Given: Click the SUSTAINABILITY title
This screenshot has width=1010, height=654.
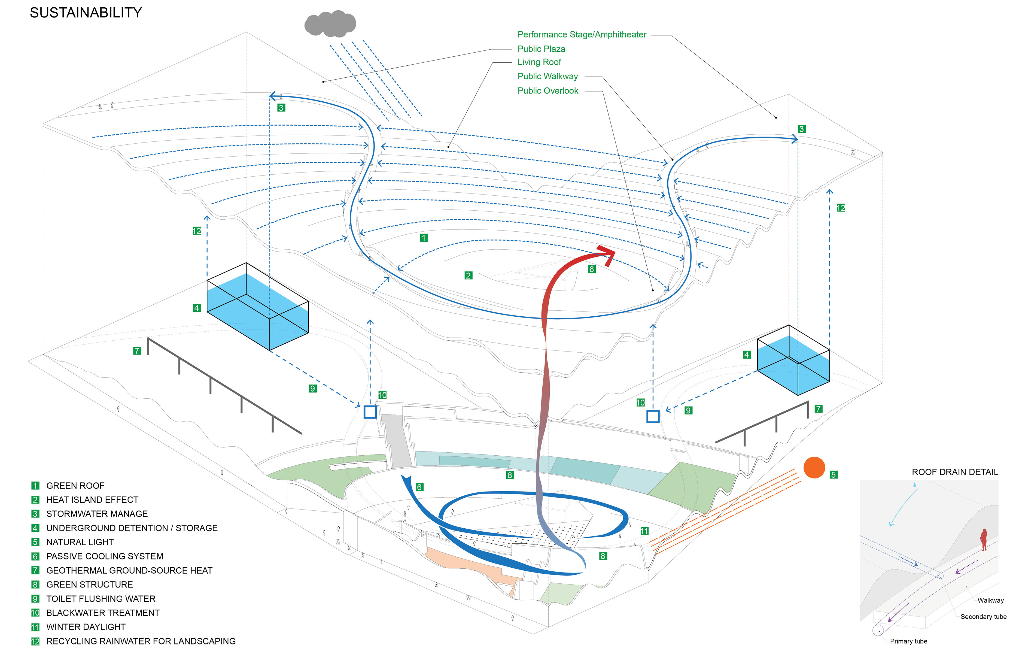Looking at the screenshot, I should tap(86, 13).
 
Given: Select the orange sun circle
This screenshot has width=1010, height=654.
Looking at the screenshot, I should tap(814, 468).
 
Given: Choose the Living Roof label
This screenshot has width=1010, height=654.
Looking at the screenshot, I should tap(539, 62).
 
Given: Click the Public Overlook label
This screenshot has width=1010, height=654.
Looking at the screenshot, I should tap(547, 91).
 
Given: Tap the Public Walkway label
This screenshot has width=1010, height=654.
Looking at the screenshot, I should tap(547, 77).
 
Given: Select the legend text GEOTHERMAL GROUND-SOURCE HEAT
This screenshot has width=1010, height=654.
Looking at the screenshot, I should tap(129, 570).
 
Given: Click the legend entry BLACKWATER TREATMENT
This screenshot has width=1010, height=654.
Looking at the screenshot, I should tap(103, 613).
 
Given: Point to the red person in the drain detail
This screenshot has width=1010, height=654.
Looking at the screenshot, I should tap(984, 539).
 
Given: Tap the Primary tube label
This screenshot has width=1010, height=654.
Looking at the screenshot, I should tap(908, 641).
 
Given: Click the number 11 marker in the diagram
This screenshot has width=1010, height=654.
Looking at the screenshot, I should tap(644, 531).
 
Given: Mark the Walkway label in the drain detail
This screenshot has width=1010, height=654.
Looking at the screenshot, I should tap(990, 601).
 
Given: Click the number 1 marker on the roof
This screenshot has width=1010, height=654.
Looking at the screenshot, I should tap(424, 238).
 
